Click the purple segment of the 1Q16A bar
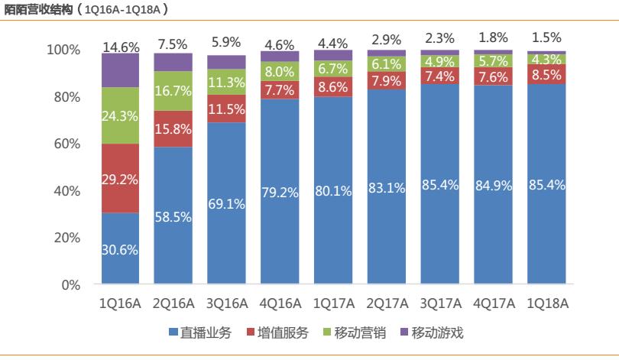pos(121,70)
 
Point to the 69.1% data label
pos(227,204)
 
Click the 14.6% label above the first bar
pos(121,47)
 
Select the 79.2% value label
pos(280,192)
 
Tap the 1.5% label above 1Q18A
pos(547,37)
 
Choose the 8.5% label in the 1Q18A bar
pos(547,75)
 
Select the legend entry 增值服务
pos(276,332)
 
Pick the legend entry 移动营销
pos(354,332)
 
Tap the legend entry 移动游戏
pos(432,332)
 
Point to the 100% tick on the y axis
pos(63,50)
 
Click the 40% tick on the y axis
pos(67,191)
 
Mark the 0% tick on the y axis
pos(70,285)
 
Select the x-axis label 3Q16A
pos(227,303)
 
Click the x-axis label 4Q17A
pos(494,303)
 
